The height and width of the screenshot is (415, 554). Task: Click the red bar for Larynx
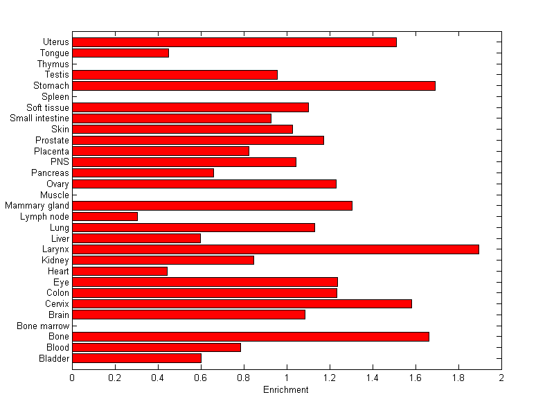(x=276, y=249)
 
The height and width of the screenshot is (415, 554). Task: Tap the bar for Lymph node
(x=105, y=216)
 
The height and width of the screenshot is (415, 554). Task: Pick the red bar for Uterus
(x=234, y=42)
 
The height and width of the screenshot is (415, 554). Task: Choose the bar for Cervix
(x=242, y=303)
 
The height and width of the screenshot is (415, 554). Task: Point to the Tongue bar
(x=120, y=53)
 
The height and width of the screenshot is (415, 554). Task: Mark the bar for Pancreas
(x=143, y=173)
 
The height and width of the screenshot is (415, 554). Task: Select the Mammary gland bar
(x=212, y=206)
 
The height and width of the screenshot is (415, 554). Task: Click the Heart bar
(x=120, y=271)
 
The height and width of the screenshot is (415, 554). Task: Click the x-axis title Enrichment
(x=286, y=390)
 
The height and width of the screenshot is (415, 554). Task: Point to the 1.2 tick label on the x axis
(x=330, y=378)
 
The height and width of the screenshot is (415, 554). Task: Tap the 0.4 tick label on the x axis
(x=158, y=378)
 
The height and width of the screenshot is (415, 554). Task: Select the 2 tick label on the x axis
(x=501, y=378)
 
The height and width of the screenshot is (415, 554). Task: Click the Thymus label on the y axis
(x=53, y=64)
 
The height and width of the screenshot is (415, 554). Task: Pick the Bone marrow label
(x=44, y=326)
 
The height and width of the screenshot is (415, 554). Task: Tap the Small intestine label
(x=39, y=118)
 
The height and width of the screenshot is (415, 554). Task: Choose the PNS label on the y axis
(x=60, y=162)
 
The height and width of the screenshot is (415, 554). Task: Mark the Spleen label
(x=55, y=97)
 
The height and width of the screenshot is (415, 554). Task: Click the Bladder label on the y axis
(x=54, y=358)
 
